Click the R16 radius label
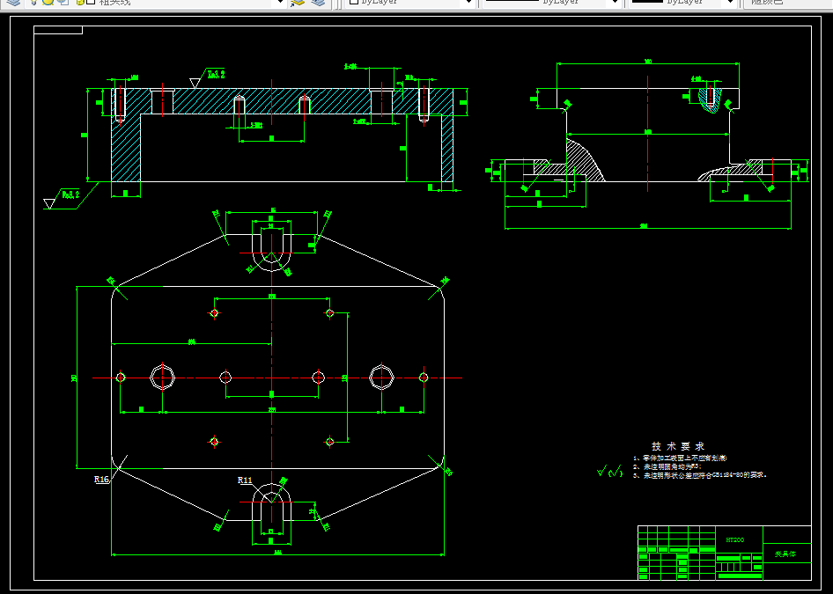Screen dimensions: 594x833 coord(102,480)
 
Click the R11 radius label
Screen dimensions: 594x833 coord(246,480)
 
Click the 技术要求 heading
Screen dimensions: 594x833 coord(677,446)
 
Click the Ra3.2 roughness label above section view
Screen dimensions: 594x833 coord(217,75)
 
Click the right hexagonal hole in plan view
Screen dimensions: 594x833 coord(380,377)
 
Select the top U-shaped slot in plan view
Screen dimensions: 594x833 coord(272,247)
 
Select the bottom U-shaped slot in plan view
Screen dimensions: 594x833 coord(271,508)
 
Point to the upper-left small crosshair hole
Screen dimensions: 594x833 coord(214,312)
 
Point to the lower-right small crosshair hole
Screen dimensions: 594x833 coord(330,441)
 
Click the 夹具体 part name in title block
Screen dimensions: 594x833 coord(785,554)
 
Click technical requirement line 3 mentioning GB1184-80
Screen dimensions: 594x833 coord(704,475)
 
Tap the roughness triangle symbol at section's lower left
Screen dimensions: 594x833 coord(49,204)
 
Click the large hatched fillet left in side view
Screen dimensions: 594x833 coord(585,158)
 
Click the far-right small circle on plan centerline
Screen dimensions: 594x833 coord(424,378)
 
